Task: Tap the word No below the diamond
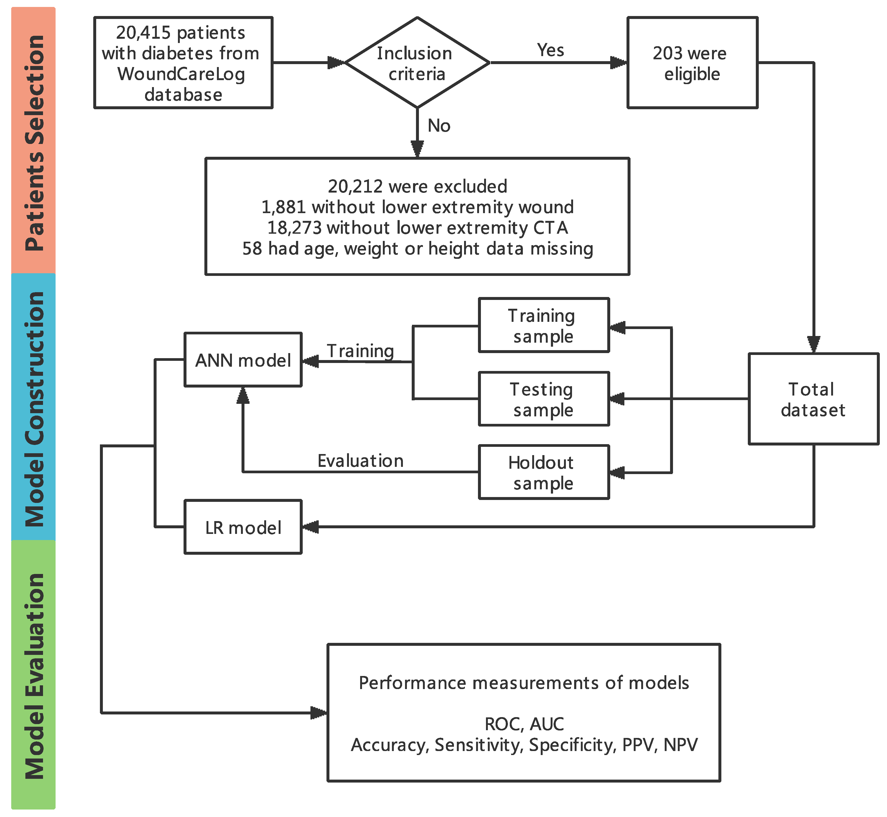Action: pos(439,126)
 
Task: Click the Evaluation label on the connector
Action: pos(360,461)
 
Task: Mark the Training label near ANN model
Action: pos(360,351)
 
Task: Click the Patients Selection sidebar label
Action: pos(34,143)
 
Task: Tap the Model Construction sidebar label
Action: pos(34,409)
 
